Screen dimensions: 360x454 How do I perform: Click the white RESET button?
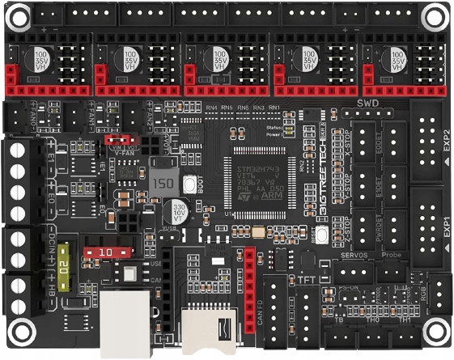[x=321, y=236]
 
